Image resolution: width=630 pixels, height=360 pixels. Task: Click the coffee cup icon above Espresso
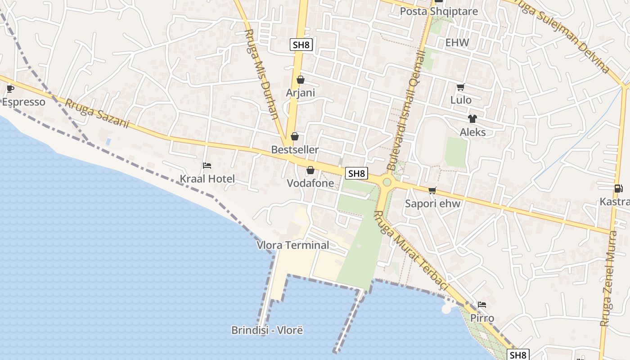coord(10,89)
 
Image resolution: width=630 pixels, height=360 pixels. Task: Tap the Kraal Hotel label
coord(207,179)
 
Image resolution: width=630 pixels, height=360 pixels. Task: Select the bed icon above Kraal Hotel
coord(207,166)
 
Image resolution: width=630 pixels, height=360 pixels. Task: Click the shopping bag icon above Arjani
coord(301,80)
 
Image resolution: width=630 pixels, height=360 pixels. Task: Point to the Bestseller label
coord(295,149)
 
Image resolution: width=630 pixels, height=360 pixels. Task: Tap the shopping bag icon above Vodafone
coord(310,170)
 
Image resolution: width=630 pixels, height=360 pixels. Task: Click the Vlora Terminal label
coord(292,245)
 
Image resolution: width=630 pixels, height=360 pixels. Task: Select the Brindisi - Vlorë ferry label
coord(267,330)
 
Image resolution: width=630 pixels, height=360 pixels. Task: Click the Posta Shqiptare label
coord(439,11)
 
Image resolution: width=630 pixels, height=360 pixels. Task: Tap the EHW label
coord(457,43)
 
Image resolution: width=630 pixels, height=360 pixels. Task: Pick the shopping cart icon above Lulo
coord(460,87)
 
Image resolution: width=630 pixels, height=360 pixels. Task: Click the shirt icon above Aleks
coord(472,119)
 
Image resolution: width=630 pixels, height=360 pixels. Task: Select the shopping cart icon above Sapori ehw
coord(432,190)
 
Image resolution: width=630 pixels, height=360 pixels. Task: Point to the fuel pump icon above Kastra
coord(618,189)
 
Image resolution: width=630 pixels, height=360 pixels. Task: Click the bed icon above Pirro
coord(482,305)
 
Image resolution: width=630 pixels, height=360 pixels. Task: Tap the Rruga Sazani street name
coord(97,113)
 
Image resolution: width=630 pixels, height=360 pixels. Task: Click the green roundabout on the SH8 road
coord(387,182)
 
